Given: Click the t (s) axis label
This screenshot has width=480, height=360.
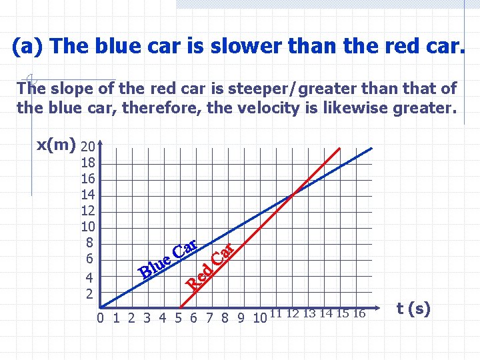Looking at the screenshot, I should (413, 309).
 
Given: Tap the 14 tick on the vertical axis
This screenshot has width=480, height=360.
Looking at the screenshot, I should (88, 195).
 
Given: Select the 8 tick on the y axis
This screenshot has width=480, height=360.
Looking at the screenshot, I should (88, 243).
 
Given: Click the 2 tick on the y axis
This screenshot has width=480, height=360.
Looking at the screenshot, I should (88, 293).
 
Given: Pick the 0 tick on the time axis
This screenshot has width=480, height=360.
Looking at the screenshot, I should (100, 317).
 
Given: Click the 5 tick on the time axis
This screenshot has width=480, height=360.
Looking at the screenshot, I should (179, 317).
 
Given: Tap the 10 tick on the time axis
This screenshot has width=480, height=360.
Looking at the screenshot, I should (260, 317).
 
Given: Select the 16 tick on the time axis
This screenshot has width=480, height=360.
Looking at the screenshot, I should (359, 313).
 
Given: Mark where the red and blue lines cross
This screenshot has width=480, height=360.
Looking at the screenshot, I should (292, 195).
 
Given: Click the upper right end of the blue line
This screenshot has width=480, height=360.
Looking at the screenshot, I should (372, 148).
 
